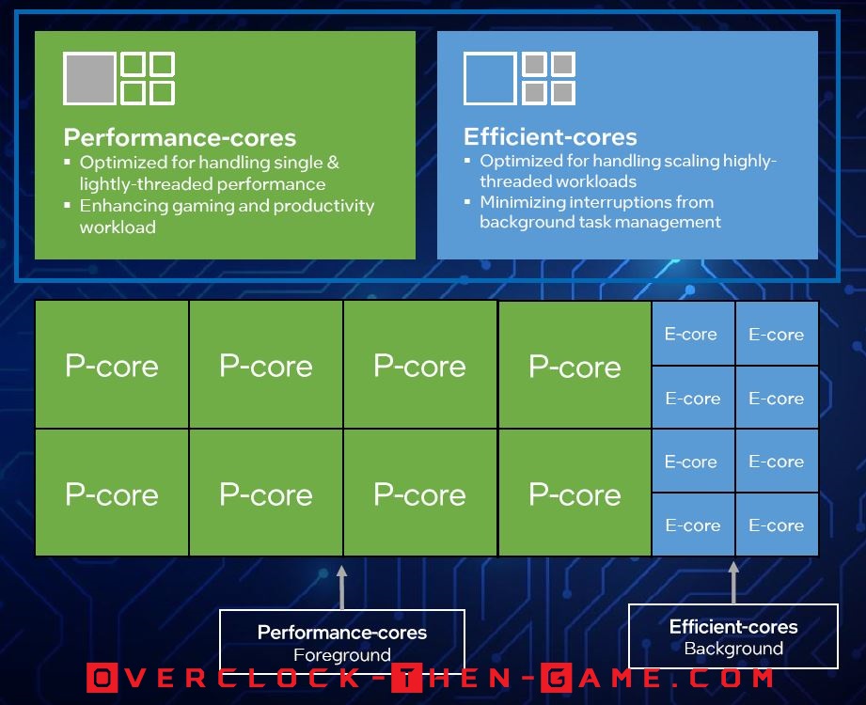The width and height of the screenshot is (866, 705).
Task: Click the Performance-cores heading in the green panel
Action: (180, 137)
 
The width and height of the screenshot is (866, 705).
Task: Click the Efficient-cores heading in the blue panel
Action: (550, 136)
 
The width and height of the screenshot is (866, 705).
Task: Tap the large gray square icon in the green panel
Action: (89, 78)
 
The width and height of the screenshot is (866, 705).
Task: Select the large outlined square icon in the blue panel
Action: (489, 78)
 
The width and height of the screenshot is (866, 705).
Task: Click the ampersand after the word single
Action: (333, 163)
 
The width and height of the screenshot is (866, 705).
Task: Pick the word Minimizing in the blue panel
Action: (522, 203)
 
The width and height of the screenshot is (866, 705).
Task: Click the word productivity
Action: (323, 207)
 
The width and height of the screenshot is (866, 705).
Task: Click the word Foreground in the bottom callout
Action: (342, 655)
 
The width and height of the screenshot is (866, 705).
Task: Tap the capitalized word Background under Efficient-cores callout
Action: (733, 649)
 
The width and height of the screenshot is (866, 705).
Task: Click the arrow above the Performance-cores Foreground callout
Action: (342, 587)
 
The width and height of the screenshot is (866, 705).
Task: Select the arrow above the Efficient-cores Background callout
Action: (733, 583)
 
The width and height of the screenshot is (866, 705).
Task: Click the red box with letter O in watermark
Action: (102, 678)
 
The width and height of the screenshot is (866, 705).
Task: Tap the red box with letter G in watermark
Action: (556, 678)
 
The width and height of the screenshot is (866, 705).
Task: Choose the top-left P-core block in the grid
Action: (112, 365)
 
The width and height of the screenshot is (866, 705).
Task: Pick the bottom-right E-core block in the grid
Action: (777, 525)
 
